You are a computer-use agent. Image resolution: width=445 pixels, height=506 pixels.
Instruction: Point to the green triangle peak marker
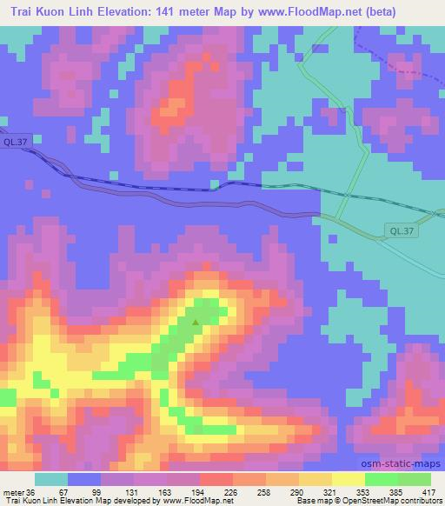pyautogui.click(x=196, y=323)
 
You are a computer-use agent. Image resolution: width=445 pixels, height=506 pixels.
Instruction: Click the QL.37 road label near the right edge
pyautogui.click(x=401, y=231)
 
